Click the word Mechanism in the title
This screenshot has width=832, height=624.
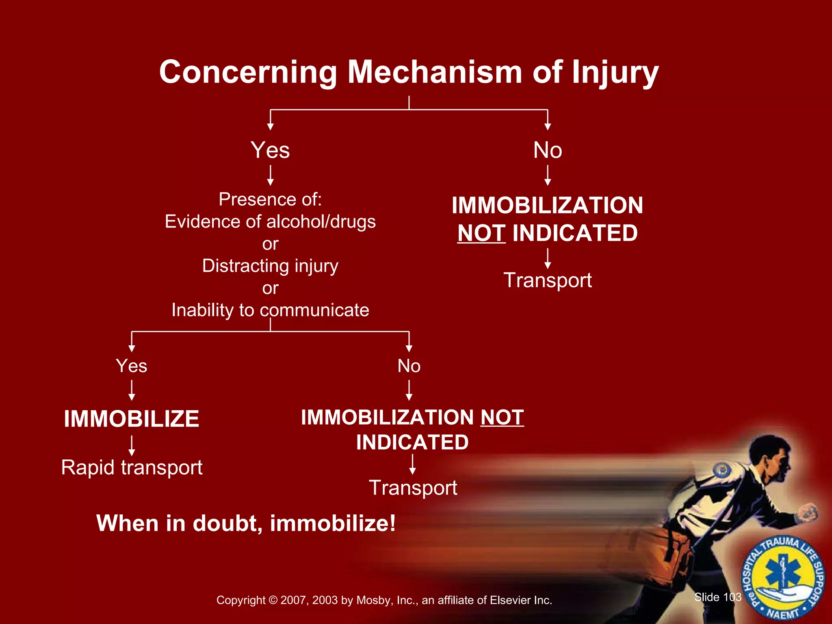[x=434, y=72]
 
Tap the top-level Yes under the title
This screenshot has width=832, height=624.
[x=270, y=150]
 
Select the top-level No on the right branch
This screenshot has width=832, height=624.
[x=548, y=150]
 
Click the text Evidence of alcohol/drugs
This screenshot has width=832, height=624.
[x=270, y=222]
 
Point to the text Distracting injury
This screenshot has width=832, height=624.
[x=270, y=266]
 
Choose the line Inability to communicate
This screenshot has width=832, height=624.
[x=270, y=310]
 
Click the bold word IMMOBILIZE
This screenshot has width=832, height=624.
[x=131, y=419]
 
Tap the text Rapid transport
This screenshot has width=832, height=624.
[x=132, y=468]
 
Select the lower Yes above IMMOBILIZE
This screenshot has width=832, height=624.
[x=131, y=366]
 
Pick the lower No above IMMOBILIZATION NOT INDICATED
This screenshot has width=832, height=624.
[x=409, y=366]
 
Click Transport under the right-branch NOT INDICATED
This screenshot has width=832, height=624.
[x=548, y=280]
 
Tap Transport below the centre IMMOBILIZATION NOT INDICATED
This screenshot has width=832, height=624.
[x=413, y=488]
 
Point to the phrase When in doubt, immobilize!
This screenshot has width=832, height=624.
[x=246, y=523]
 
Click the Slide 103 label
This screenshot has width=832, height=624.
[x=718, y=597]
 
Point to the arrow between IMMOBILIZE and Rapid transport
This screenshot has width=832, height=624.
[x=131, y=446]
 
